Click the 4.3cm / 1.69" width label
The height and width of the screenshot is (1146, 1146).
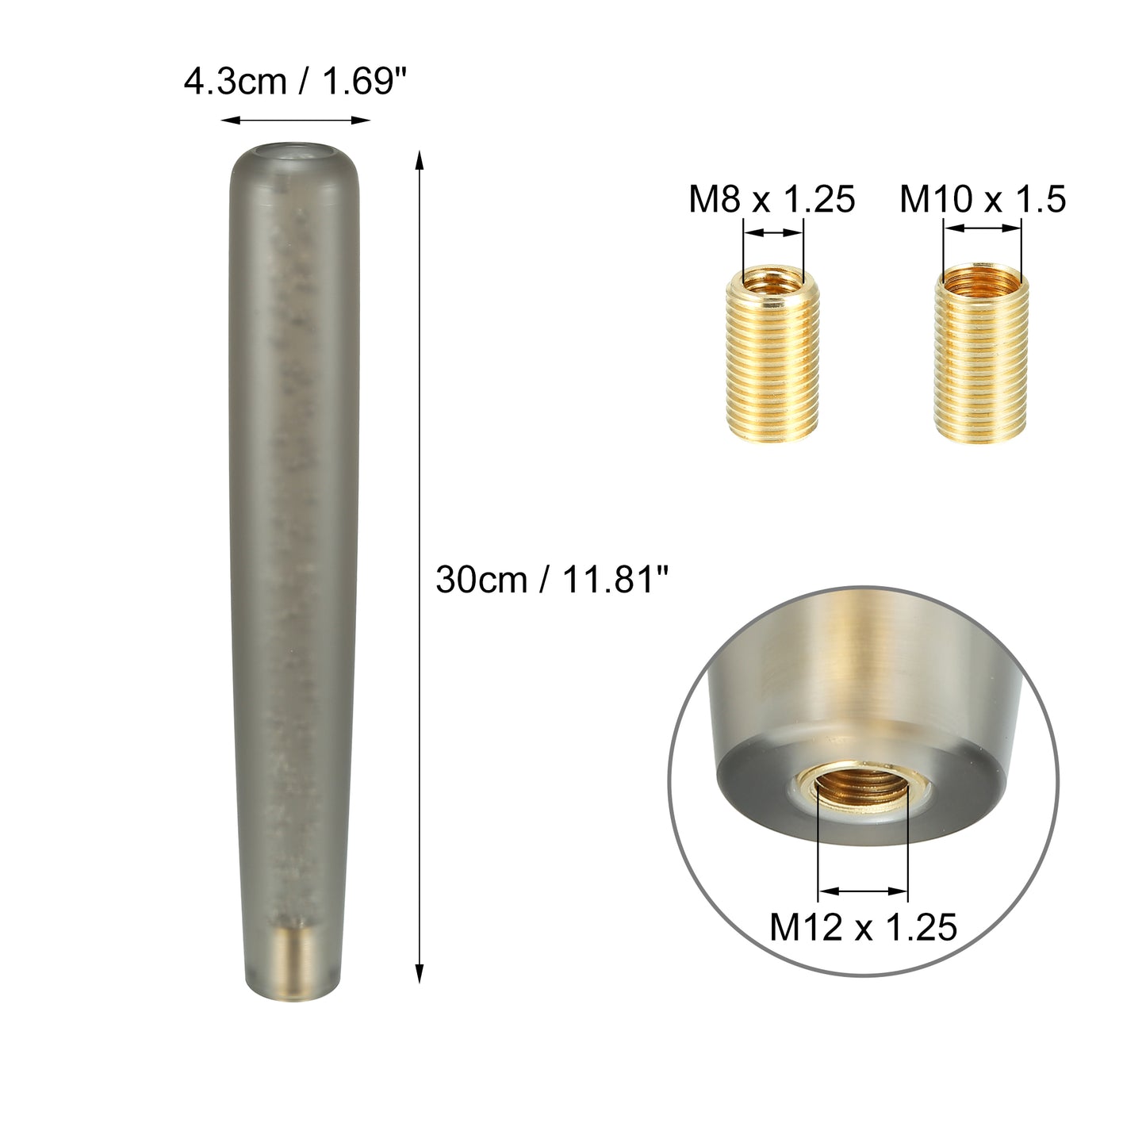click(x=296, y=82)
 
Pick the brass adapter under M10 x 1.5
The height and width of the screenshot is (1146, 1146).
click(x=982, y=353)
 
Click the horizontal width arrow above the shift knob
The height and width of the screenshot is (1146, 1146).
click(x=296, y=120)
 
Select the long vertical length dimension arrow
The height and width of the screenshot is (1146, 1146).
click(x=420, y=567)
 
